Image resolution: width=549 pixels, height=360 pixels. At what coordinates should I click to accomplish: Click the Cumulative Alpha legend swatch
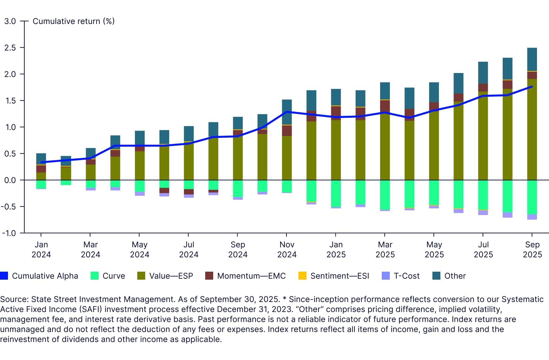(x=4, y=276)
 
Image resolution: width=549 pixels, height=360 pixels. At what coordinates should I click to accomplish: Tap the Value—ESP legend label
(x=171, y=276)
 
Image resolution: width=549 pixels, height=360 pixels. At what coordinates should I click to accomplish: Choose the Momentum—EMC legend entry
(x=251, y=276)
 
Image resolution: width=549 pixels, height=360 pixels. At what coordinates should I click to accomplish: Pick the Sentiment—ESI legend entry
(x=339, y=276)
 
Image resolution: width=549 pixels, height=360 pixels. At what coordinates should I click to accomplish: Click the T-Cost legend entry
(x=406, y=276)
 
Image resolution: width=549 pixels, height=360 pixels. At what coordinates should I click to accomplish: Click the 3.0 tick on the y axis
(x=10, y=21)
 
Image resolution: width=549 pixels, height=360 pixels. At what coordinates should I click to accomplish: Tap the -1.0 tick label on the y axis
(x=9, y=233)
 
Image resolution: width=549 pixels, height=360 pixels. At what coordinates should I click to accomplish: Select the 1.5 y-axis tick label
(x=10, y=101)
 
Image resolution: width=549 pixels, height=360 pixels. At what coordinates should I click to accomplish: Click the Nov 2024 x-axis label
(x=287, y=249)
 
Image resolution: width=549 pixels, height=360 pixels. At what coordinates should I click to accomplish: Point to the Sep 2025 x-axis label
(x=532, y=249)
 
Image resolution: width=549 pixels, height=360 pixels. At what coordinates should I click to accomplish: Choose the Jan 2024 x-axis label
(x=41, y=249)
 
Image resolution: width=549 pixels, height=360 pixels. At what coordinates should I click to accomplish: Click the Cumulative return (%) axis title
(x=74, y=21)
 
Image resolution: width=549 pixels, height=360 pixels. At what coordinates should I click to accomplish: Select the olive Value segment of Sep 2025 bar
(x=532, y=130)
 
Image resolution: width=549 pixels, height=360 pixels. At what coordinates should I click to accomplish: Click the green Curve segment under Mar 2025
(x=385, y=195)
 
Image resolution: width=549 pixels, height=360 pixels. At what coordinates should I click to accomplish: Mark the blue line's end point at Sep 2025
(x=532, y=87)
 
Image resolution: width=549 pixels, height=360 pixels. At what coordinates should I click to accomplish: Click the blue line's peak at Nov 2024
(x=287, y=112)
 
